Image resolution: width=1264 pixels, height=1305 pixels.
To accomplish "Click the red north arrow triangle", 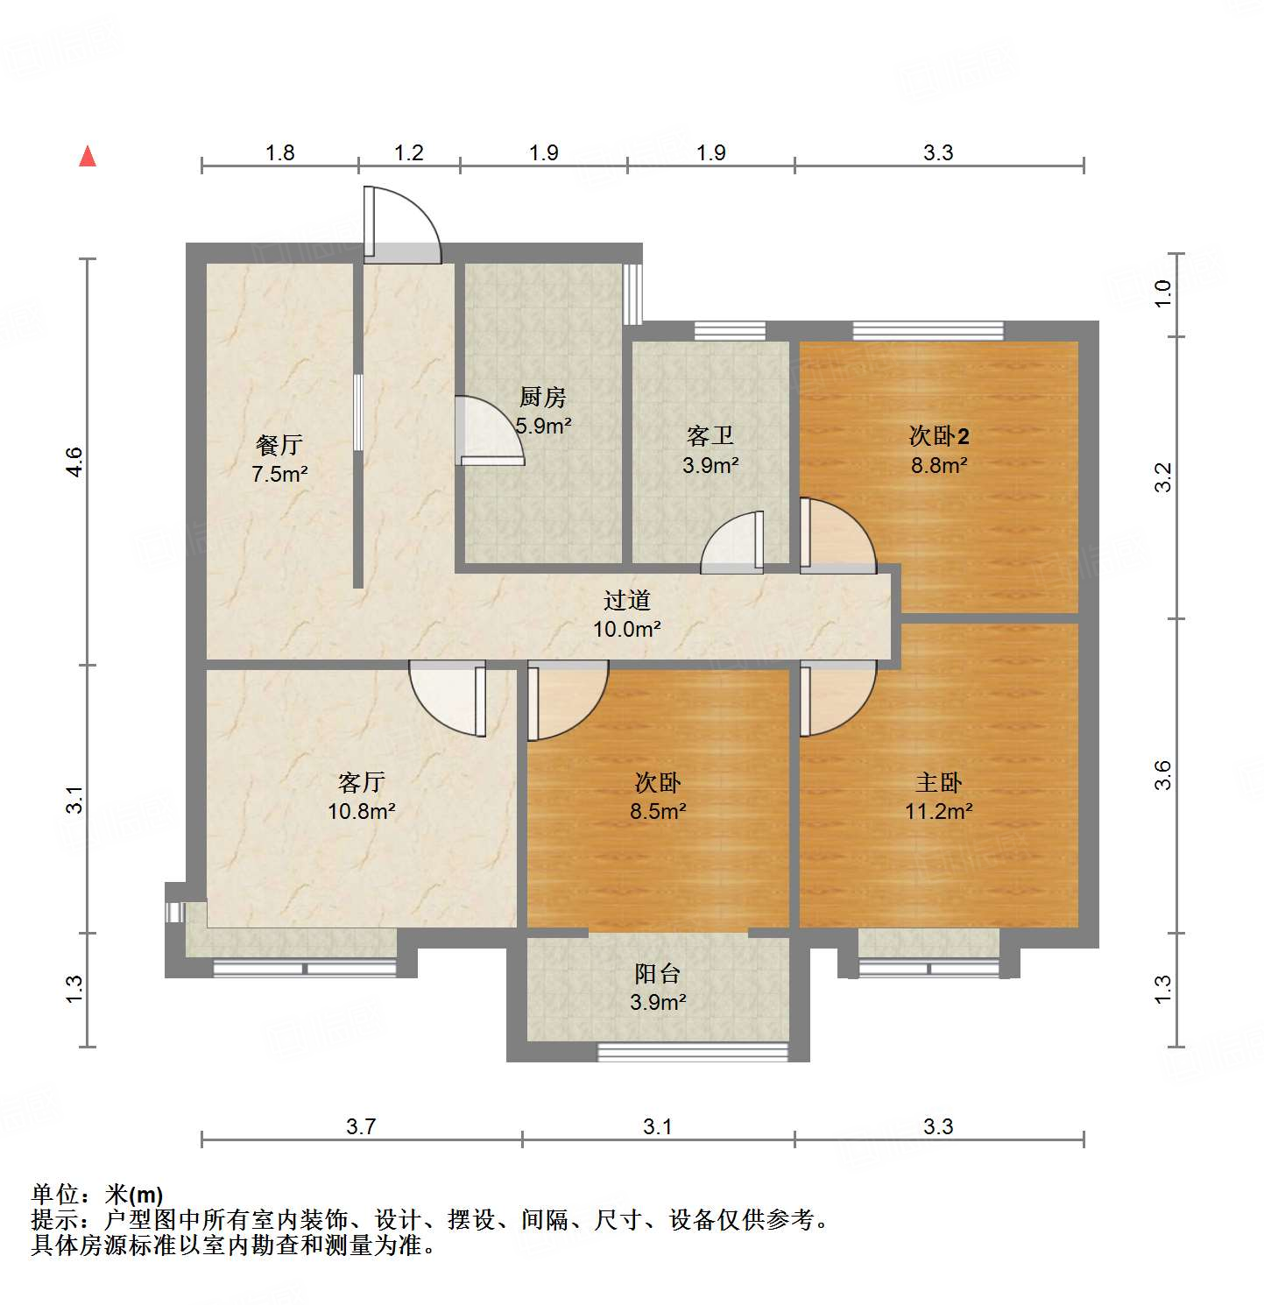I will tap(88, 156).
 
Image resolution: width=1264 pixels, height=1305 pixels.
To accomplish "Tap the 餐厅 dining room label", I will tap(279, 445).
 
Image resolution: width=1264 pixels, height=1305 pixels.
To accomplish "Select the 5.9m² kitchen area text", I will tap(543, 427).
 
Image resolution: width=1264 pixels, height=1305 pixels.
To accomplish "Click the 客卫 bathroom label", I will tap(710, 435).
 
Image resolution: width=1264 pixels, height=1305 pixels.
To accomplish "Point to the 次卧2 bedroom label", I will tap(938, 435).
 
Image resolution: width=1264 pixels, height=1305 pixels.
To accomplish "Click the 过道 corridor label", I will tap(626, 600).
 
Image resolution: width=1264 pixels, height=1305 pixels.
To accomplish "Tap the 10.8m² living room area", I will tap(361, 811).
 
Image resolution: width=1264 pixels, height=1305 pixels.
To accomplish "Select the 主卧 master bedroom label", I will tap(938, 781).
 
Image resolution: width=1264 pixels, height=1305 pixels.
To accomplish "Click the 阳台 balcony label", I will tap(657, 973).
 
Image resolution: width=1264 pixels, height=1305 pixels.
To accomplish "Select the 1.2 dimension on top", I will tap(408, 153).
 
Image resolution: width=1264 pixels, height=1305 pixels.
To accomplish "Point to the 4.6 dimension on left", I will tap(74, 462).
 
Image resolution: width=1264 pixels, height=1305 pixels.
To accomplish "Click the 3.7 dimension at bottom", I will tap(361, 1126).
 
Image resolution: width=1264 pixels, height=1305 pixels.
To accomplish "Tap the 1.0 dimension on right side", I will tap(1162, 293).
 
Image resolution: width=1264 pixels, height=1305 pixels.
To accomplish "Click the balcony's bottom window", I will tap(692, 1052).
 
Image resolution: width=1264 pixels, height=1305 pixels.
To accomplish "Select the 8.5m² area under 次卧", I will tap(657, 811).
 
